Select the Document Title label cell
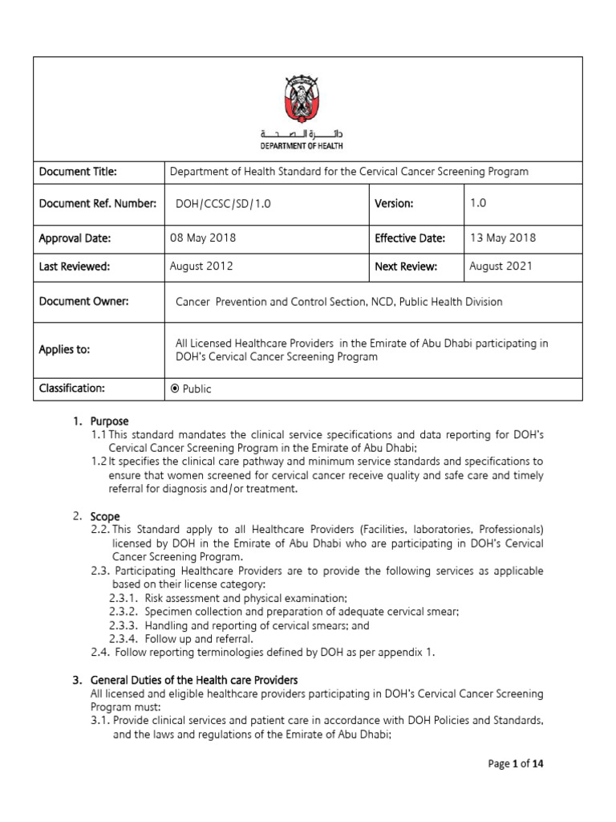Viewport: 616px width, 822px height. [79, 172]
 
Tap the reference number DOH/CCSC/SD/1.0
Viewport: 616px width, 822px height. [224, 205]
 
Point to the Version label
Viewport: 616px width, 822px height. [394, 204]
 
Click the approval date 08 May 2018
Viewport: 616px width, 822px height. [203, 238]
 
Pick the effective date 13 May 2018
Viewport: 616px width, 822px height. [503, 238]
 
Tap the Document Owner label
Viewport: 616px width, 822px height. [84, 301]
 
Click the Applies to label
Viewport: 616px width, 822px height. [65, 350]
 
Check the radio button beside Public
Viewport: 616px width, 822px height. [175, 389]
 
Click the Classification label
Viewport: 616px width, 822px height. [72, 389]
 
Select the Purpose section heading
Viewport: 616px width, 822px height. [109, 421]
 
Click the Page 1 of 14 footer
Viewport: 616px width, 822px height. [516, 764]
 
